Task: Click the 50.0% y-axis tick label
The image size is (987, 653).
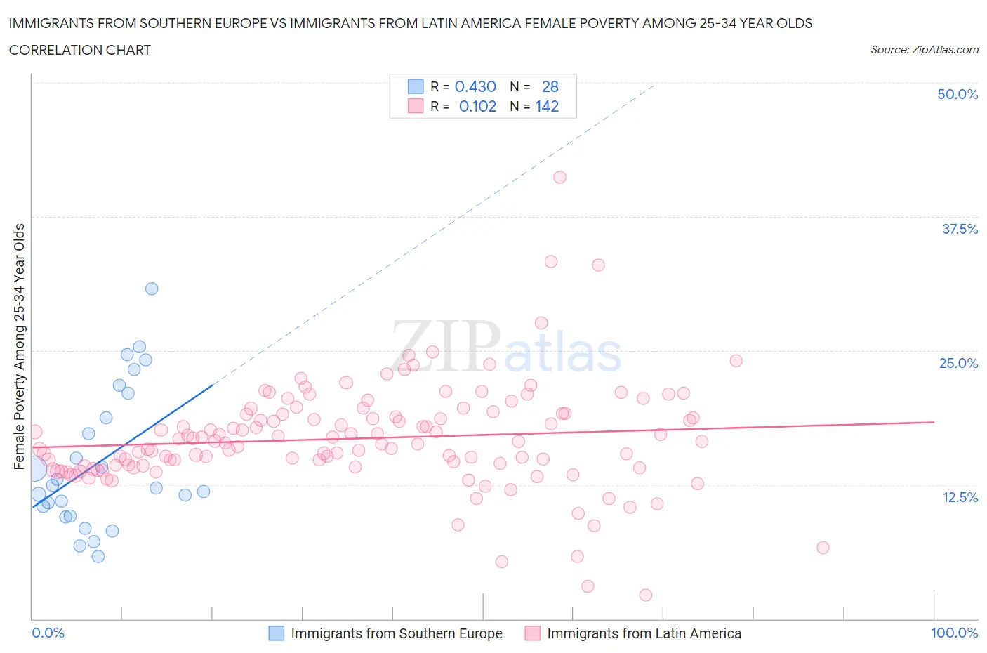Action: [x=958, y=94]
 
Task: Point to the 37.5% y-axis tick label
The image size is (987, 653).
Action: [x=960, y=229]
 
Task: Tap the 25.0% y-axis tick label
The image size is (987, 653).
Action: [x=958, y=363]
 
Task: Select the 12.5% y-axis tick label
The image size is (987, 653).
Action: [x=960, y=497]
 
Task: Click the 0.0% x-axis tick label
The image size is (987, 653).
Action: [x=48, y=633]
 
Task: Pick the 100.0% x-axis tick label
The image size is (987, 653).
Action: [x=954, y=633]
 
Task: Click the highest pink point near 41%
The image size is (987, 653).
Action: [x=559, y=177]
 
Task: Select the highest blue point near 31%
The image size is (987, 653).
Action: [x=152, y=289]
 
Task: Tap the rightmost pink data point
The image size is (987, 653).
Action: [x=823, y=548]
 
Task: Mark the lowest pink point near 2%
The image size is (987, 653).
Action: [x=646, y=595]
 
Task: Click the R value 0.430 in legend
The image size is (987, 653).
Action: [x=475, y=86]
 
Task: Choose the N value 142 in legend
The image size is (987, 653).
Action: [x=547, y=106]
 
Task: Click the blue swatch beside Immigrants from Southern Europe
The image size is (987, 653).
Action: [x=277, y=633]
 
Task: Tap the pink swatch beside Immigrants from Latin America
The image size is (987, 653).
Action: [x=533, y=633]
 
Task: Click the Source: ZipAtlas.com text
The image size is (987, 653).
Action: [x=924, y=49]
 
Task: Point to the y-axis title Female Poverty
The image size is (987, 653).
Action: [x=19, y=346]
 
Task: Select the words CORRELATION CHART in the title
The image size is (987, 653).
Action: [x=79, y=50]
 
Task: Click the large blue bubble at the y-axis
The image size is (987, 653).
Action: [x=33, y=468]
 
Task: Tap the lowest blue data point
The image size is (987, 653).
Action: [x=98, y=556]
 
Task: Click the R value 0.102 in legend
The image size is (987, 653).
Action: [x=477, y=106]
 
